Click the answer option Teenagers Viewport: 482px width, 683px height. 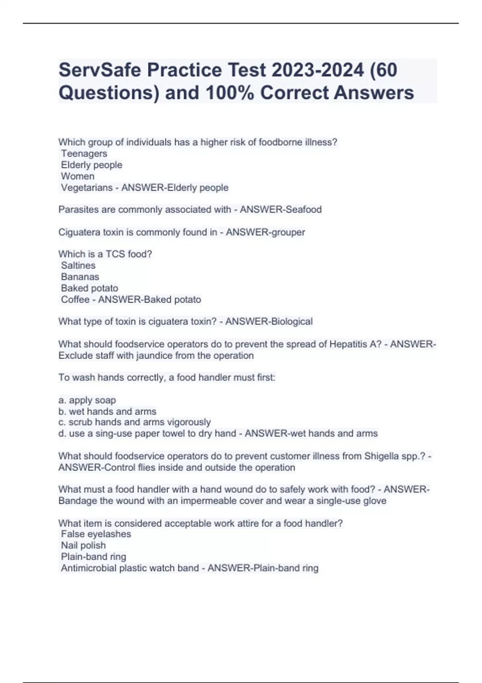click(x=84, y=153)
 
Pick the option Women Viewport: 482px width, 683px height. click(x=78, y=176)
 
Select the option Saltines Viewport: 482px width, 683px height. click(x=78, y=265)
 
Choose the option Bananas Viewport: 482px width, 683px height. click(x=80, y=276)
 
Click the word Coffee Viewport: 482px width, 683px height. click(x=75, y=299)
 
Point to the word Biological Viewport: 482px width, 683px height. click(x=292, y=321)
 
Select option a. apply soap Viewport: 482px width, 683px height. click(x=87, y=400)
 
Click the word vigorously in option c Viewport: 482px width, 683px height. click(x=189, y=422)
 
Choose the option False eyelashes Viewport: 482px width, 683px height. click(x=96, y=534)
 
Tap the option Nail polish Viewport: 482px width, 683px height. click(x=83, y=545)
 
